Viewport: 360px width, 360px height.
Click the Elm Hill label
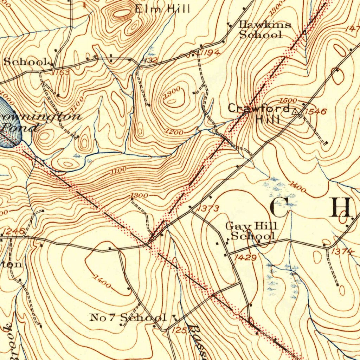point(162,8)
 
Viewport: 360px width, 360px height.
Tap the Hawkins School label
point(264,30)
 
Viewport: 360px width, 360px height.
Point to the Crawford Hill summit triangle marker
point(296,112)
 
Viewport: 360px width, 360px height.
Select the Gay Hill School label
point(252,231)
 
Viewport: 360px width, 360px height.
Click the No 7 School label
point(128,318)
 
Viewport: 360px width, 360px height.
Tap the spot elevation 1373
point(208,209)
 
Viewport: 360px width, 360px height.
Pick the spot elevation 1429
point(245,258)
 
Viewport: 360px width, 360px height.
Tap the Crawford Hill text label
point(259,113)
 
